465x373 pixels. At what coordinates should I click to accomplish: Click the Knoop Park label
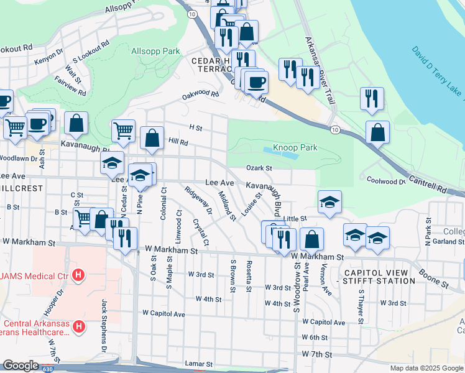[x=295, y=148]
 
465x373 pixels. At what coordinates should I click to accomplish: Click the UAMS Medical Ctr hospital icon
[x=78, y=274]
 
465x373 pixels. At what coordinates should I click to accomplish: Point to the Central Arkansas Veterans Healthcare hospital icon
[x=78, y=326]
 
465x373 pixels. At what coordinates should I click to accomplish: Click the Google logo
[x=21, y=366]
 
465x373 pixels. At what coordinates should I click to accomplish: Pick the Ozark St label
[x=259, y=168]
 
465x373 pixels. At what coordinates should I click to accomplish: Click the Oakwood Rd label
[x=201, y=95]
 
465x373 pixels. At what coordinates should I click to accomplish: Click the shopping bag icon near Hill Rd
[x=152, y=139]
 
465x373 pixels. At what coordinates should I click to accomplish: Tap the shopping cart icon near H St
[x=124, y=131]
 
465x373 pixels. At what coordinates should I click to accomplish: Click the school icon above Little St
[x=330, y=201]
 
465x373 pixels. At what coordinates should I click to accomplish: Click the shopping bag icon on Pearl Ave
[x=312, y=239]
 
